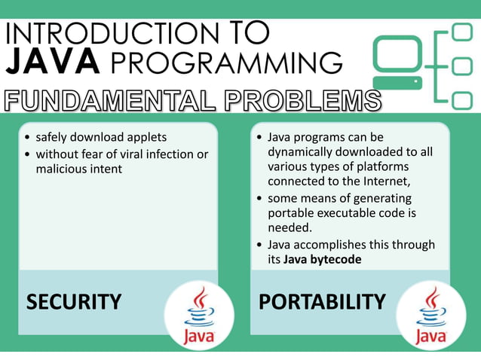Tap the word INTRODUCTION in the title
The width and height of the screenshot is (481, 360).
101,32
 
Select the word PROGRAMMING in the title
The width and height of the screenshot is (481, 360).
223,62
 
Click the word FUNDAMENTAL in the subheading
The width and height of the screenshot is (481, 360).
106,100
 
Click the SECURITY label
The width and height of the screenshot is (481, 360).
74,302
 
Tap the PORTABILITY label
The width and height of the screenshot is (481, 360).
322,302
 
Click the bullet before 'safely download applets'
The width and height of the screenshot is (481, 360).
28,138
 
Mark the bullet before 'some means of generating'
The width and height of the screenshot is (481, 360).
260,198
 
